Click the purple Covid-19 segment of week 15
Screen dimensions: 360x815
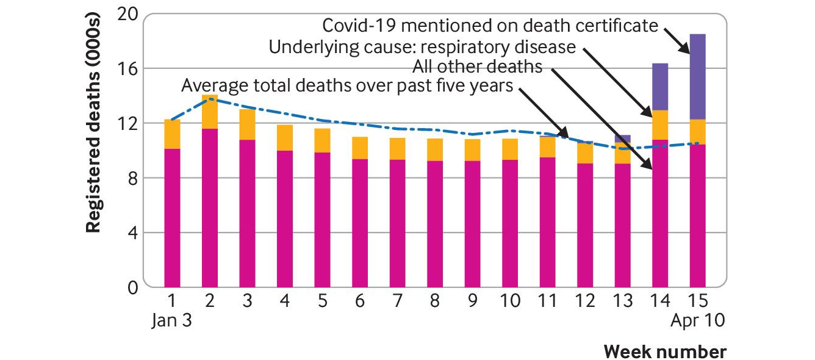coord(697,76)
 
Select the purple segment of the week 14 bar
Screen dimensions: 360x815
coord(660,87)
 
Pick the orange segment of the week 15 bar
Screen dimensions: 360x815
coord(697,132)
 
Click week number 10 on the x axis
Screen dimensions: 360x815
coord(510,300)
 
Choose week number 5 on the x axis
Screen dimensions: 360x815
coord(323,300)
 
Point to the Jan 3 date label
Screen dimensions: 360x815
coord(171,320)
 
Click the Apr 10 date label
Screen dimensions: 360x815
coord(698,320)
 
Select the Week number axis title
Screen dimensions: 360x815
coord(665,352)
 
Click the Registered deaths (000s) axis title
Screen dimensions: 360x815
coord(93,122)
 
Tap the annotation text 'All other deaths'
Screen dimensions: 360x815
coord(478,66)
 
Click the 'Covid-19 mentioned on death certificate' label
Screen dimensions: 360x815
coord(490,26)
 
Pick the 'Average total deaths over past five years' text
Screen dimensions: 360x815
coord(347,85)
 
